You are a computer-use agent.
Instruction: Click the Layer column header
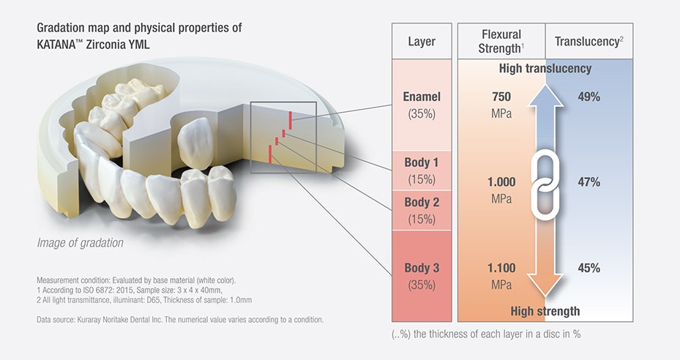click(422, 41)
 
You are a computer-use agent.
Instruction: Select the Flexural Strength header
click(501, 41)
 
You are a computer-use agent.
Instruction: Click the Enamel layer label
click(422, 105)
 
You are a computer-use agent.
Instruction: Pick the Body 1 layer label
click(422, 170)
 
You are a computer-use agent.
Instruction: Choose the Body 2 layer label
click(422, 210)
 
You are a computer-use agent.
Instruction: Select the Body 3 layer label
click(422, 276)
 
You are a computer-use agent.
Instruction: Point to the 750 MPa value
click(501, 105)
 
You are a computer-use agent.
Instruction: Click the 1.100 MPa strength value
click(501, 276)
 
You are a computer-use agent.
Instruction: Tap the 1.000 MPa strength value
click(501, 190)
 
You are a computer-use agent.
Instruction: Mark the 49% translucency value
click(589, 97)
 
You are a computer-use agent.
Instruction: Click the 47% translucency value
click(589, 181)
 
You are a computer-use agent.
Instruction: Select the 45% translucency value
click(589, 268)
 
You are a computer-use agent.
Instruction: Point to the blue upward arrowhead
click(545, 96)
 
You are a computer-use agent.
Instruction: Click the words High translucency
click(545, 69)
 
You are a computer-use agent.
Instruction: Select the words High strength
click(545, 311)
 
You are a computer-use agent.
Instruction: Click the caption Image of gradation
click(81, 243)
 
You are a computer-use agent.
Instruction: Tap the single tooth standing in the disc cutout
click(195, 143)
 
